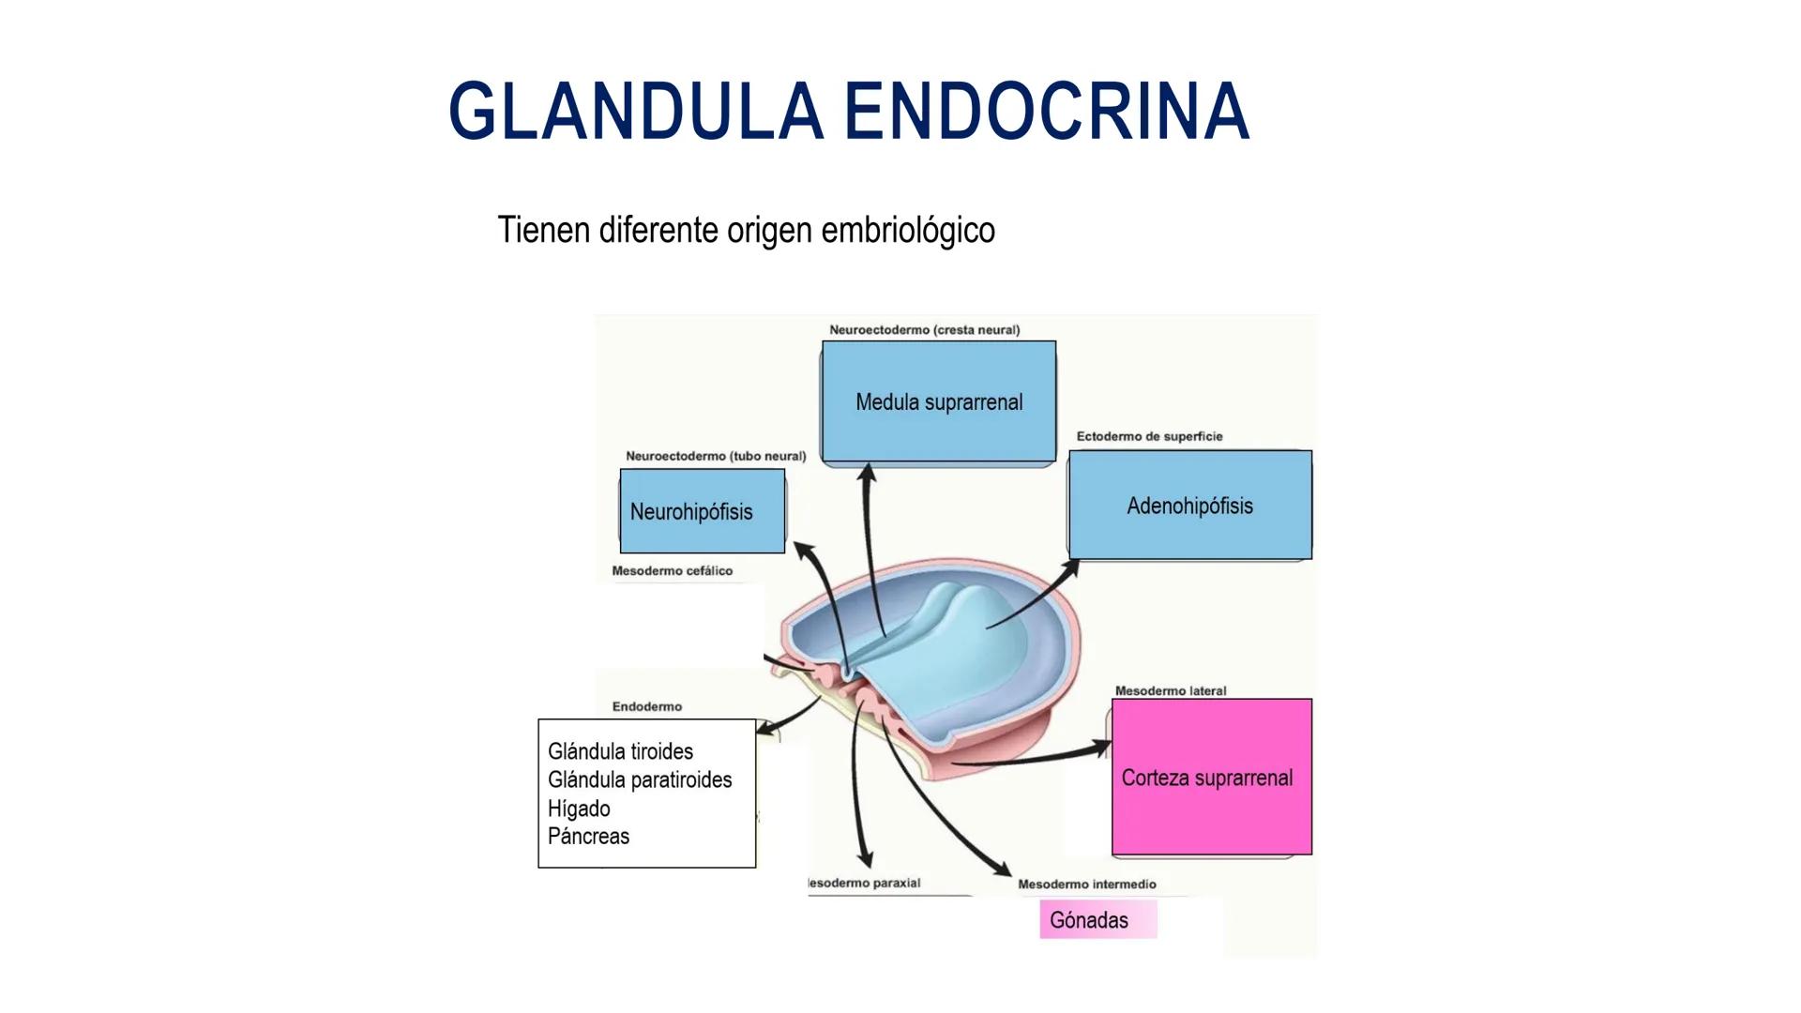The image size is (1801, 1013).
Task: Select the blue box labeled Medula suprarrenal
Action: pyautogui.click(x=939, y=401)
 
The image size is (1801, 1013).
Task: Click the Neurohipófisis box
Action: pyautogui.click(x=702, y=512)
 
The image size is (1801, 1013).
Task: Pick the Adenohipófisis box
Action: pyautogui.click(x=1189, y=506)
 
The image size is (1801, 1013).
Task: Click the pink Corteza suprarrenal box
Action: pyautogui.click(x=1211, y=778)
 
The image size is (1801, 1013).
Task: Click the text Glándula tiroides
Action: pyautogui.click(x=620, y=751)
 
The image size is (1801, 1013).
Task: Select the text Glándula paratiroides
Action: pyautogui.click(x=640, y=779)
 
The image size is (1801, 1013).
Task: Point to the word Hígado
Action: pyautogui.click(x=579, y=809)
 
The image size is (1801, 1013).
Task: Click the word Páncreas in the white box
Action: pyautogui.click(x=588, y=836)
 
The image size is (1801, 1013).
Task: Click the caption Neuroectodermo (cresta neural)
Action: pyautogui.click(x=924, y=330)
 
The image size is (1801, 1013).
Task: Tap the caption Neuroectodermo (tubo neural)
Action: pyautogui.click(x=716, y=456)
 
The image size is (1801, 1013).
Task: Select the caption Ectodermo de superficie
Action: pyautogui.click(x=1149, y=436)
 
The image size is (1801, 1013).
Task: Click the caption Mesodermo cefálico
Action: pyautogui.click(x=672, y=570)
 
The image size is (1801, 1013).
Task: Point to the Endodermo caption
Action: pyautogui.click(x=646, y=706)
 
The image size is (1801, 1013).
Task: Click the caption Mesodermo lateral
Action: pyautogui.click(x=1170, y=690)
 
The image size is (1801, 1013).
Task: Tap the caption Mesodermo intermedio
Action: pyautogui.click(x=1086, y=884)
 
